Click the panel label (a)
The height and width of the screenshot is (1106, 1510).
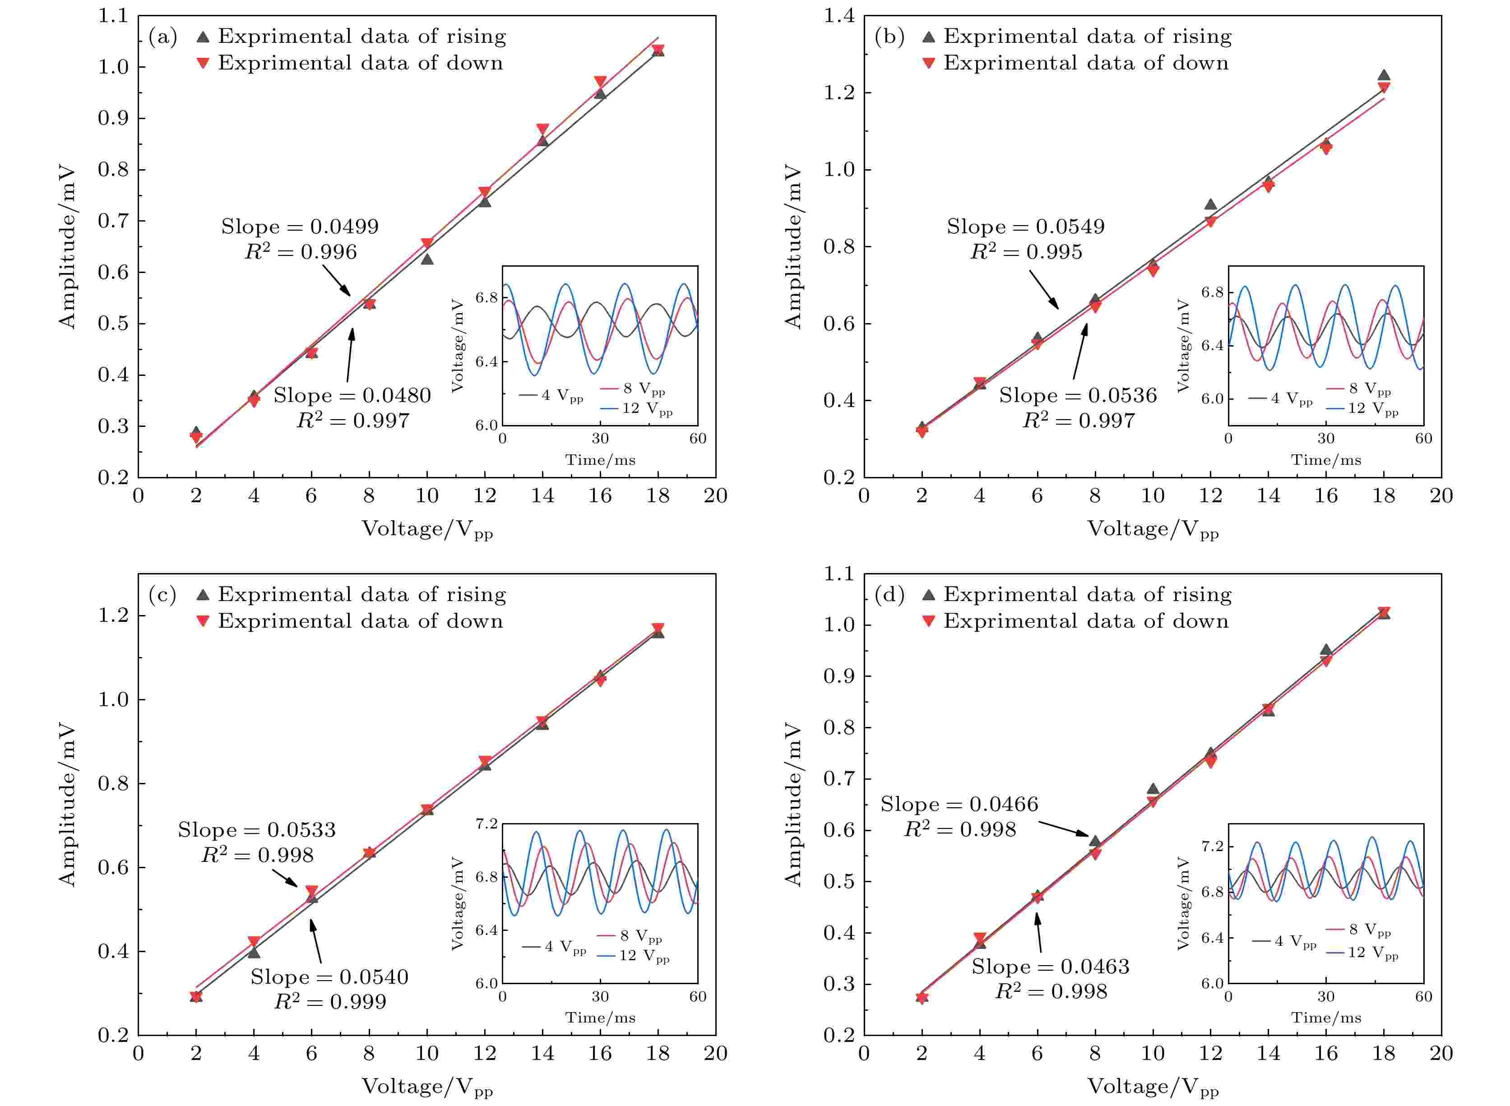163,37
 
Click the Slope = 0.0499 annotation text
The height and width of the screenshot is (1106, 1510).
300,227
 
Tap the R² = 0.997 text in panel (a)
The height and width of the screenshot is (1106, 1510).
353,421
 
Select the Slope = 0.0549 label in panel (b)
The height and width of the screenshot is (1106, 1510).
1025,227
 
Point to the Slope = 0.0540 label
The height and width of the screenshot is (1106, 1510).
329,977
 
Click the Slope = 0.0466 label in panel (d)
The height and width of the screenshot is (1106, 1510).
959,804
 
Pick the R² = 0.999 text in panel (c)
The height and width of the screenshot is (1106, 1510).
330,1002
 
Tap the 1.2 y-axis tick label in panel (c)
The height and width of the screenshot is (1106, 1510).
113,615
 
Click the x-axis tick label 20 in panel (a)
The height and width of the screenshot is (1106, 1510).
716,496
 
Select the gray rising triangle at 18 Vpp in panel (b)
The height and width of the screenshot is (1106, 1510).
1384,76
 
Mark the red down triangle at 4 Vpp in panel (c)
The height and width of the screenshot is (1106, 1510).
254,942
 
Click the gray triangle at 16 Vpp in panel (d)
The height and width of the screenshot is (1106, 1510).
1326,649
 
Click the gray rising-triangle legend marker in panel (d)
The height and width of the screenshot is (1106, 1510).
929,594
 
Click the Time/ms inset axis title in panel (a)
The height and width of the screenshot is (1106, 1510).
600,460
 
